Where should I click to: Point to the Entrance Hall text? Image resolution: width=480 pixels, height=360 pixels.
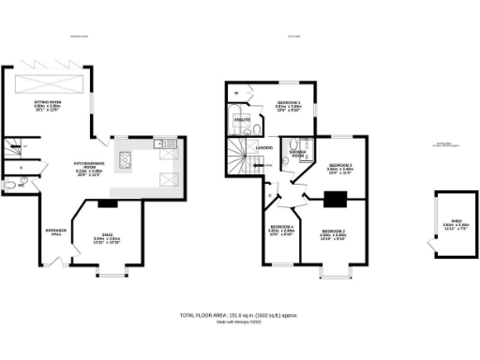click(x=56, y=233)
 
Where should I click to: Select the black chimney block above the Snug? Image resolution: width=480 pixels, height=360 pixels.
click(x=107, y=202)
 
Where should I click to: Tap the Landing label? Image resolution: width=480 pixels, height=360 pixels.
click(x=265, y=148)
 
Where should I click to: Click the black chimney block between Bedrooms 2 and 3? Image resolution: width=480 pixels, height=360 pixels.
click(x=335, y=198)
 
